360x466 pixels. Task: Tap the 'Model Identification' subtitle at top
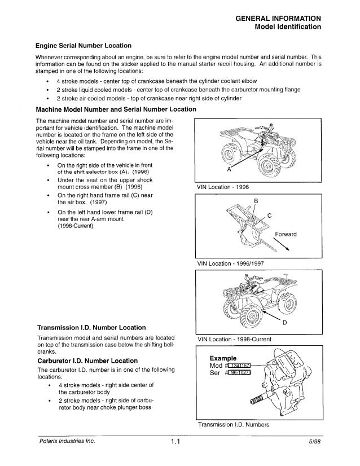coord(288,27)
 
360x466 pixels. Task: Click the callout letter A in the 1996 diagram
coord(229,169)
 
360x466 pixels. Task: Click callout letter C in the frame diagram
coord(270,215)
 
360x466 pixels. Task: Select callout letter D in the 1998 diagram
coord(301,323)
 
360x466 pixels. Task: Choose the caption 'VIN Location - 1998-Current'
coord(234,339)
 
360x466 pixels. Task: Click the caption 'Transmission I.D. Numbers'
coord(232,425)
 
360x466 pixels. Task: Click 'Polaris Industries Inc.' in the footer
coord(67,441)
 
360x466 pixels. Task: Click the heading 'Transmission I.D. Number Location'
coord(91,327)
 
